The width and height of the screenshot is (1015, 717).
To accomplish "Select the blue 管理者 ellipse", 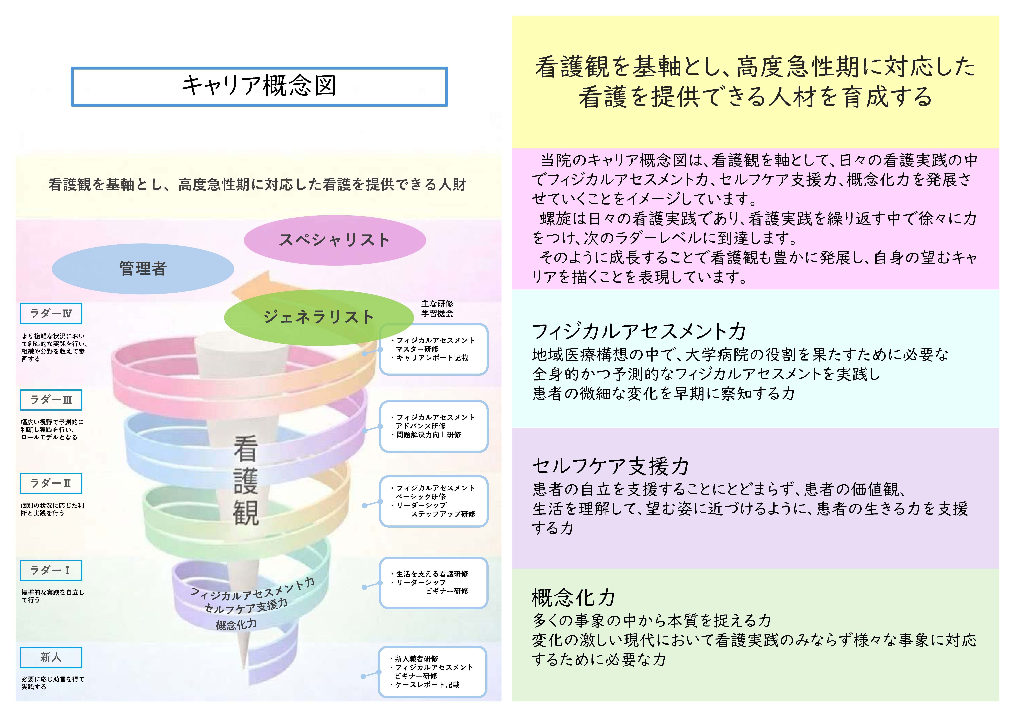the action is coord(143,269).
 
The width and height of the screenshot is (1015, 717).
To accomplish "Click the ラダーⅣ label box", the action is coord(51,314).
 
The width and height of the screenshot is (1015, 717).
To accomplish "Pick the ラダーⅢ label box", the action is coord(51,400).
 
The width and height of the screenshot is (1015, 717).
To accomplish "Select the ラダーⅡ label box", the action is coord(51,483).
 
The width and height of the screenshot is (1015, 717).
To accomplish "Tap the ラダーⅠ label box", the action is coord(51,570).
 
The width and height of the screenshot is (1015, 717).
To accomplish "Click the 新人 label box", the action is coord(51,657).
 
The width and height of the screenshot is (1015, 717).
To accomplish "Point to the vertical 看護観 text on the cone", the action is coord(246,481).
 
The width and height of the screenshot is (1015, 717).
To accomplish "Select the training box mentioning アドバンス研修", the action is coord(434,426).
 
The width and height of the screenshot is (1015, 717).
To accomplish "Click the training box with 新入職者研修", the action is coord(432,672).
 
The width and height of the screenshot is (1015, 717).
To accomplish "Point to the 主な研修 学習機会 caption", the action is coord(437,308).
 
